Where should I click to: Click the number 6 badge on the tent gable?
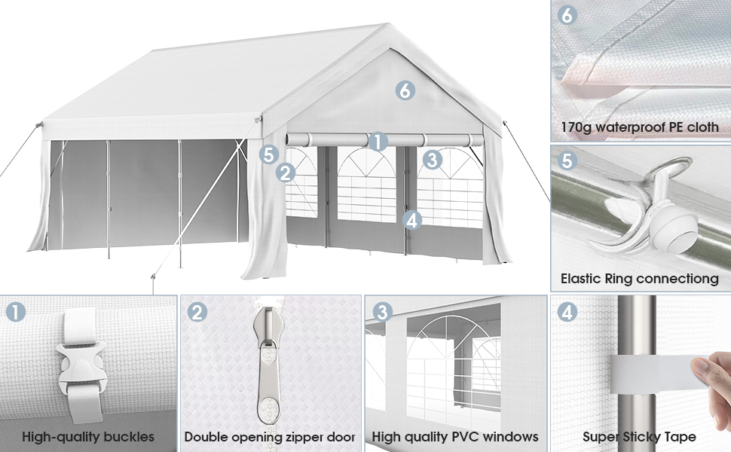(x=405, y=90)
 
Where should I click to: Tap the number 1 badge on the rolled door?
(x=378, y=141)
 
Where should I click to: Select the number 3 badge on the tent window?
(x=432, y=159)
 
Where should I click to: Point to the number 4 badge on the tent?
(x=411, y=220)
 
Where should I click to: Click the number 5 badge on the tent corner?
(x=269, y=154)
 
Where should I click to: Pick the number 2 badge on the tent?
(x=285, y=173)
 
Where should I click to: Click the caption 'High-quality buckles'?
(x=88, y=436)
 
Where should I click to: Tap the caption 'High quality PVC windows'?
(x=455, y=436)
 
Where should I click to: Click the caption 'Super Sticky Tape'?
(x=639, y=436)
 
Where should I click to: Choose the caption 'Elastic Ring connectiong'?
(x=639, y=279)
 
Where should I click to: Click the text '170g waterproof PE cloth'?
(x=639, y=127)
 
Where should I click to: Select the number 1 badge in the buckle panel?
(x=16, y=311)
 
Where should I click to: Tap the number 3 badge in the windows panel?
(x=383, y=311)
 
